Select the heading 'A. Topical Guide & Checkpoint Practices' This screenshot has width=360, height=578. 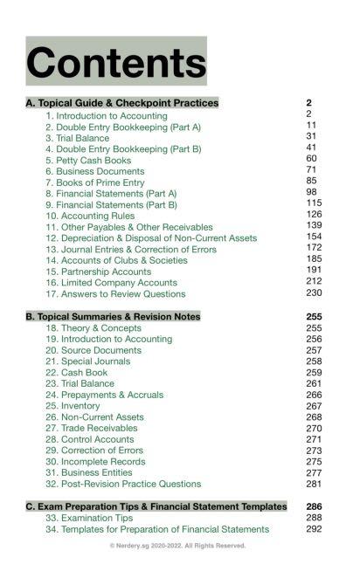pyautogui.click(x=122, y=103)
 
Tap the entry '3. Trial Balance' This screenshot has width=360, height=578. pyautogui.click(x=78, y=138)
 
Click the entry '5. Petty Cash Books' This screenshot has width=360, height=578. pyautogui.click(x=88, y=161)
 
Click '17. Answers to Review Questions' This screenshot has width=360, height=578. pyautogui.click(x=115, y=294)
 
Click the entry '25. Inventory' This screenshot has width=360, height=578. pyautogui.click(x=77, y=406)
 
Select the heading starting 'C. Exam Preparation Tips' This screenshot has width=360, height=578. pyautogui.click(x=156, y=506)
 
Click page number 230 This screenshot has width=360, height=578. pyautogui.click(x=315, y=293)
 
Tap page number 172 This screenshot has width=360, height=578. pyautogui.click(x=315, y=249)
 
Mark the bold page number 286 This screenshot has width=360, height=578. pyautogui.click(x=315, y=506)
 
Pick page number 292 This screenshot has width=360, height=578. pyautogui.click(x=315, y=529)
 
